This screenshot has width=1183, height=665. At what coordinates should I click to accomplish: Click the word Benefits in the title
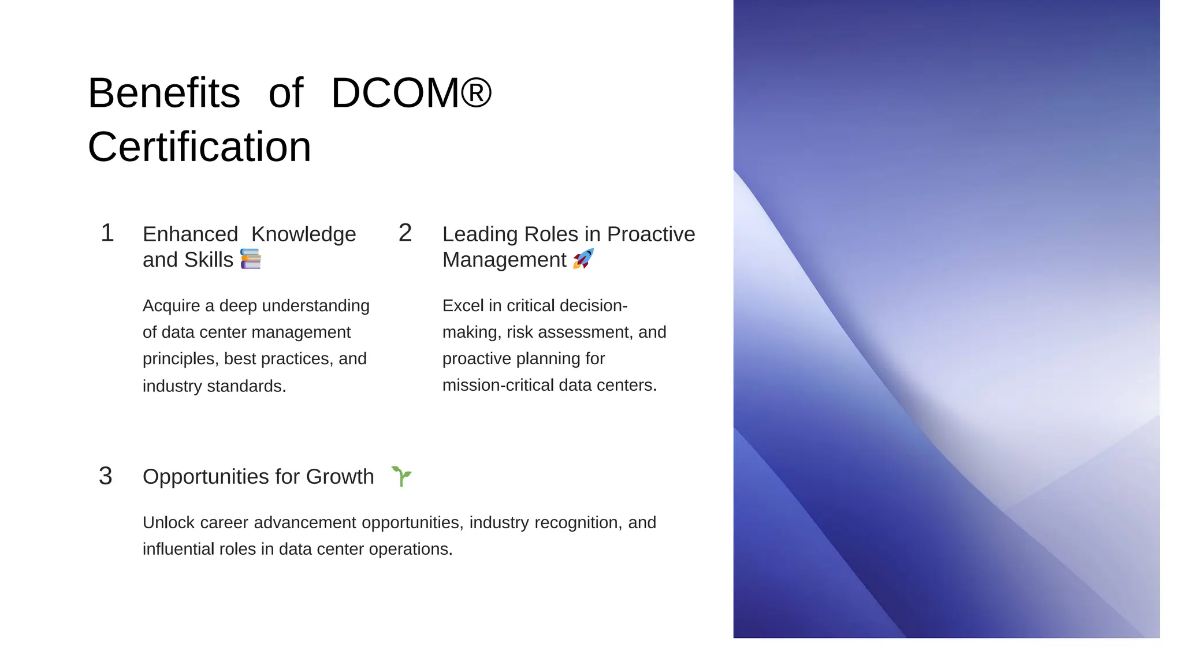click(163, 93)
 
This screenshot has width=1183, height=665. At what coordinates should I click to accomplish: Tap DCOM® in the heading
click(411, 93)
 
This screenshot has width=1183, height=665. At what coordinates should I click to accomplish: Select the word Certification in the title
click(199, 147)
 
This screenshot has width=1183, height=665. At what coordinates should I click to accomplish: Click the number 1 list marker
click(107, 233)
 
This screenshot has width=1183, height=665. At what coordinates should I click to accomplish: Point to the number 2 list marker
click(405, 233)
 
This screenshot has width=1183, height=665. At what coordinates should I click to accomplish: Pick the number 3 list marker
click(105, 476)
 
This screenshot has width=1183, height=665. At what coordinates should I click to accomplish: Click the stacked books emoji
click(251, 259)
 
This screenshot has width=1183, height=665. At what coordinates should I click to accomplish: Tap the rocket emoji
click(583, 259)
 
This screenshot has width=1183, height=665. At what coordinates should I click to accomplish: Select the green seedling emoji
click(401, 476)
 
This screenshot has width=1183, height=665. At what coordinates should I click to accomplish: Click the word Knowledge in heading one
click(304, 234)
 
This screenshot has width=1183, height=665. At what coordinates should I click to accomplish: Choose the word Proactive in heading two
click(651, 234)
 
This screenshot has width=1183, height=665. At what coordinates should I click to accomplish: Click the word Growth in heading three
click(340, 477)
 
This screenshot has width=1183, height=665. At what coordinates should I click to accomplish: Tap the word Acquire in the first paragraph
click(172, 306)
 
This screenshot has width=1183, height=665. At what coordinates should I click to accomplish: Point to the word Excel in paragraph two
click(463, 305)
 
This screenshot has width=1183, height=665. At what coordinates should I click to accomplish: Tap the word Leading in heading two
click(480, 234)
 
